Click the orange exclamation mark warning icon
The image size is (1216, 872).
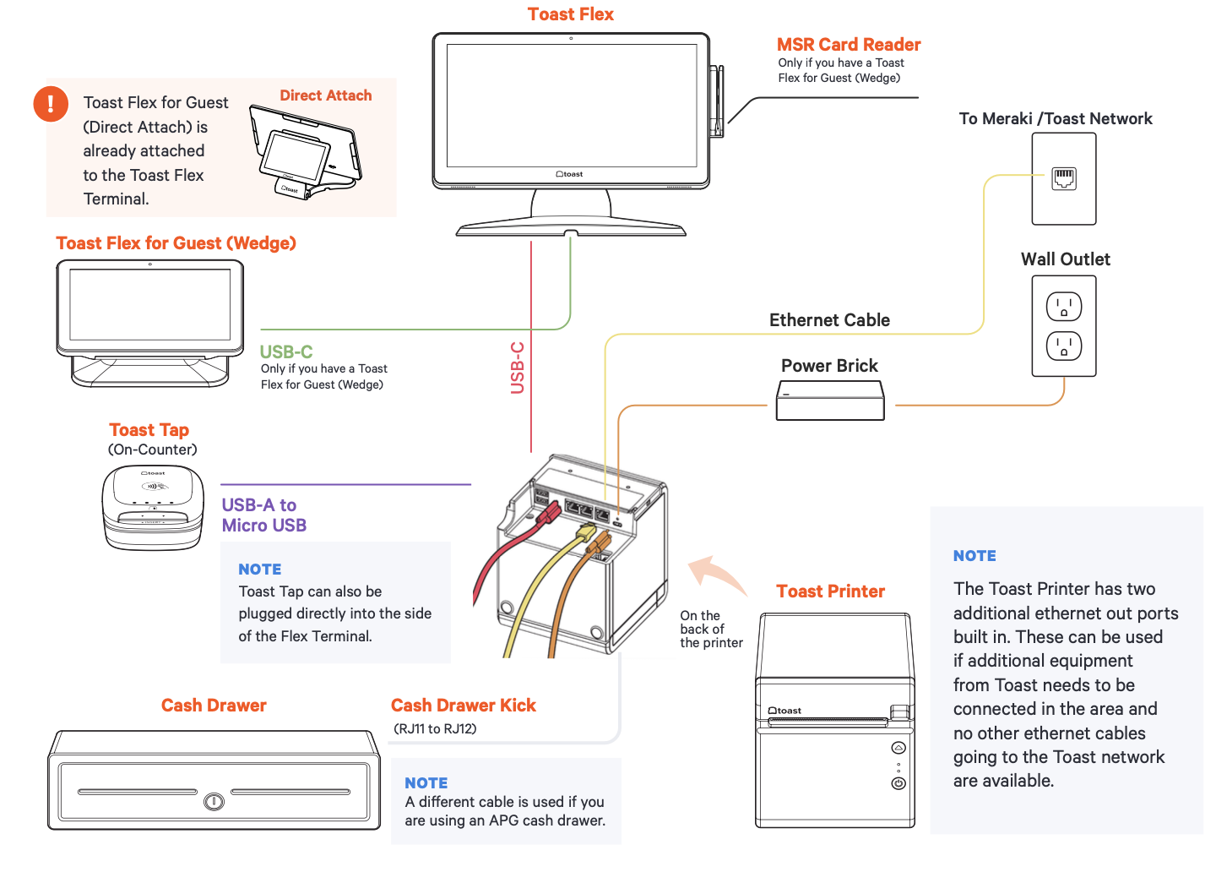pyautogui.click(x=51, y=104)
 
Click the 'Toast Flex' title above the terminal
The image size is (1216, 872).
pyautogui.click(x=570, y=14)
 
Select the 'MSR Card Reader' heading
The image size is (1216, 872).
pyautogui.click(x=848, y=45)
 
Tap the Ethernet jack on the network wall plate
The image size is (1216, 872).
pyautogui.click(x=1063, y=178)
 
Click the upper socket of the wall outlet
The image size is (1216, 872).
pyautogui.click(x=1063, y=306)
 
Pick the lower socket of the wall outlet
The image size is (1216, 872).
pyautogui.click(x=1063, y=346)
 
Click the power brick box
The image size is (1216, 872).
pyautogui.click(x=830, y=401)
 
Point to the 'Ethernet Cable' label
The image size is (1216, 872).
pyautogui.click(x=829, y=320)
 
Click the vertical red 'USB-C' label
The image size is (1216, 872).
pyautogui.click(x=518, y=368)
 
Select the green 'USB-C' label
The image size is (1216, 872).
pyautogui.click(x=286, y=352)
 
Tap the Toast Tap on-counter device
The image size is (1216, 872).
pyautogui.click(x=153, y=507)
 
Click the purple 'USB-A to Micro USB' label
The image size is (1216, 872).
pyautogui.click(x=263, y=515)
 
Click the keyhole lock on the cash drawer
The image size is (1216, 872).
pyautogui.click(x=214, y=800)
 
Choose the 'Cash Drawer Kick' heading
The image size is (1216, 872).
pyautogui.click(x=463, y=706)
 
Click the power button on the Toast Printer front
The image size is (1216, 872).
pyautogui.click(x=898, y=783)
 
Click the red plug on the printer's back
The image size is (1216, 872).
pyautogui.click(x=549, y=512)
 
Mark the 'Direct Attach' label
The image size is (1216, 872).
pyautogui.click(x=325, y=95)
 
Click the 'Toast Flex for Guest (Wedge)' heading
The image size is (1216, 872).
pyautogui.click(x=176, y=243)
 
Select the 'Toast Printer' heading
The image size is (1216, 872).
pyautogui.click(x=830, y=591)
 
